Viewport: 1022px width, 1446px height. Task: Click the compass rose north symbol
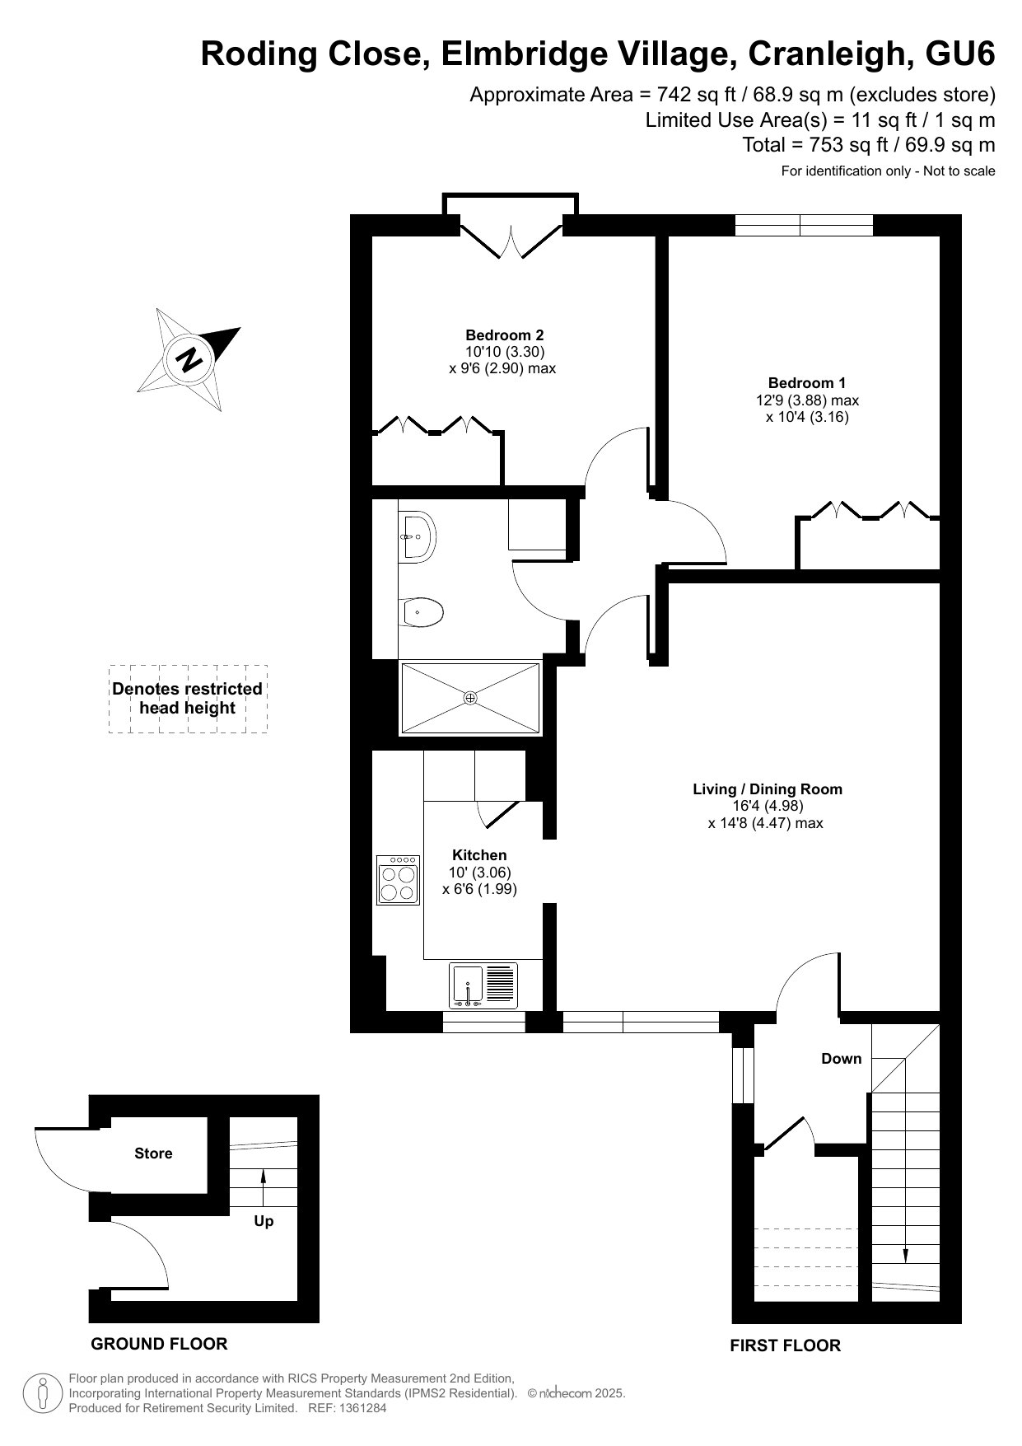[189, 359]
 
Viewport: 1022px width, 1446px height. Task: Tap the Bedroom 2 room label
[504, 335]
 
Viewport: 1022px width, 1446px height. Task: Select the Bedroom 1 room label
[806, 383]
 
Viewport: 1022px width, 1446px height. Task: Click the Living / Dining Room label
[767, 789]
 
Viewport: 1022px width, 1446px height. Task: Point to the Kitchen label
[479, 855]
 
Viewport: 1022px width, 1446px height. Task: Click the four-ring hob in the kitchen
[399, 879]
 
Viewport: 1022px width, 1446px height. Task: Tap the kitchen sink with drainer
[483, 985]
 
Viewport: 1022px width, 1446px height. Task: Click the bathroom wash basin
[418, 537]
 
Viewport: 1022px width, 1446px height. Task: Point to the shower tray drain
[470, 698]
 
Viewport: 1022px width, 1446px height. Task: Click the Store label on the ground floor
[153, 1154]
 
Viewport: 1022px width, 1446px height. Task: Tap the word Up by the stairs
[264, 1221]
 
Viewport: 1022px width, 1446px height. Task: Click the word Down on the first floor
[841, 1059]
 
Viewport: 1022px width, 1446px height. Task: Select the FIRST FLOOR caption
[785, 1345]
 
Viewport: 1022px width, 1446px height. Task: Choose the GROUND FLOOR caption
[159, 1344]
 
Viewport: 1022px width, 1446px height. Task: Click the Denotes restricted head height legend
[188, 699]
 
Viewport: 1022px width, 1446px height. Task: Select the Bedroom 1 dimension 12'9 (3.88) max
[807, 400]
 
